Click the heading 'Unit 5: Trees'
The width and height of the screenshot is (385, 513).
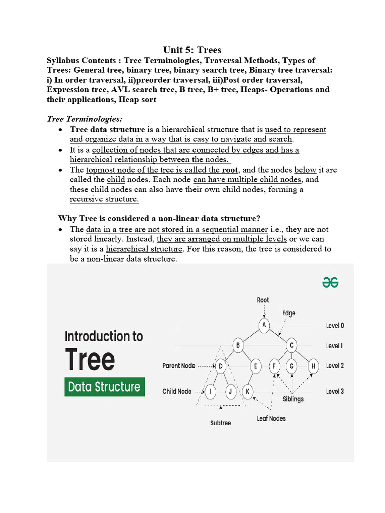coord(192,50)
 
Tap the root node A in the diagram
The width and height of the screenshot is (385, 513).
coord(264,325)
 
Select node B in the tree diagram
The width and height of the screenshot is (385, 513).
coord(239,345)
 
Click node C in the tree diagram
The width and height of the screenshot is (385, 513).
coord(292,345)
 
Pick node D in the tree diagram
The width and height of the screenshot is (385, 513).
coord(221,366)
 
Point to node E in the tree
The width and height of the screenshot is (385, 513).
coord(255,366)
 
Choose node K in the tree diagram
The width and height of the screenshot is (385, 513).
coord(247,391)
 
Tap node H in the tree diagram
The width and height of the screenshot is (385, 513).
coord(313,366)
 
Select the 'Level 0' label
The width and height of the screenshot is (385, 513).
coord(335,326)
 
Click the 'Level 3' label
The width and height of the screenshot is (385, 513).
coord(335,391)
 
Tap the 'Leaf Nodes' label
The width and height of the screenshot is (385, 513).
coord(271,418)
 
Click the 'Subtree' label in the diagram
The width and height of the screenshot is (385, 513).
coord(220,423)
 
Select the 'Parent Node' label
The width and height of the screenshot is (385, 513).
coord(179,366)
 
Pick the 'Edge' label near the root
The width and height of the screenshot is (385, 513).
coord(289,313)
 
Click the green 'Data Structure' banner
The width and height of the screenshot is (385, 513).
coord(104,387)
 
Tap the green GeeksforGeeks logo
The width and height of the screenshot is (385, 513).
coord(330,283)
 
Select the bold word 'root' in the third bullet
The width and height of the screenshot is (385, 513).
coord(230,170)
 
